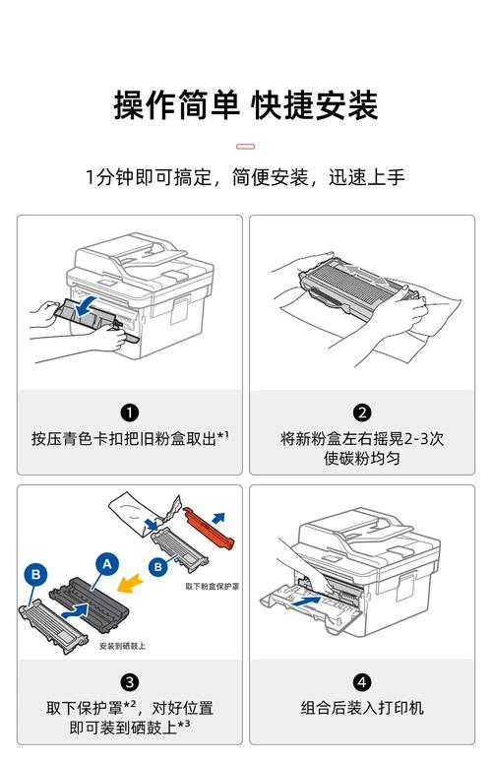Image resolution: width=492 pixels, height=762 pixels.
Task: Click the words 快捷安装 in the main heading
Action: click(315, 104)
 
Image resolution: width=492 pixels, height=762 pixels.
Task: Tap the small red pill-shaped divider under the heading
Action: click(246, 147)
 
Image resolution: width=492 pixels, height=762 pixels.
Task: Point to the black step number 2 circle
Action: click(362, 413)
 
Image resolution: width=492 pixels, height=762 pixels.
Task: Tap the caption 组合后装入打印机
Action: click(362, 707)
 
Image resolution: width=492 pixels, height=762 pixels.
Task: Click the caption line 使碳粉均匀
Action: click(362, 459)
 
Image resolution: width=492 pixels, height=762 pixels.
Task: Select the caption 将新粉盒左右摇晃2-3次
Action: click(362, 438)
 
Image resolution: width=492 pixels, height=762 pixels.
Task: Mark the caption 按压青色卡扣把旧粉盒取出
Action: click(125, 438)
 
